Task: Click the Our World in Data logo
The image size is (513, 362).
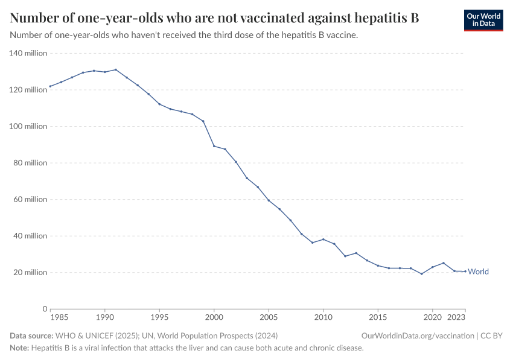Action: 483,20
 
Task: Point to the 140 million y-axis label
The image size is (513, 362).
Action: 28,53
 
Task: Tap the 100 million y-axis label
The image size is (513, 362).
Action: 28,126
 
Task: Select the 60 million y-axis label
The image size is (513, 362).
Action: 30,199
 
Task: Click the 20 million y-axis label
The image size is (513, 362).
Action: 30,272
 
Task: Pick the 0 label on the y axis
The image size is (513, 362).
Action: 44,309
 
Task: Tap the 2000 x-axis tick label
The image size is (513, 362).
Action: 214,317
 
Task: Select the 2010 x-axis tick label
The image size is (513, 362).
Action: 323,317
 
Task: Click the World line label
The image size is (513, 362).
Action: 478,271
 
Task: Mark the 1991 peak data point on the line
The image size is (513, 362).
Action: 116,69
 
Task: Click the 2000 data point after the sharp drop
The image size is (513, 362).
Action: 214,146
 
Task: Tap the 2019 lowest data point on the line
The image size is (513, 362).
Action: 422,274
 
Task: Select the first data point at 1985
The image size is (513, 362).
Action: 50,86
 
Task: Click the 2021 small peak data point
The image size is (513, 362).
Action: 444,263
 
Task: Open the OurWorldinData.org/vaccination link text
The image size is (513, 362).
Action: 417,335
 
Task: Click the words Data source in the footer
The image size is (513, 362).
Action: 31,335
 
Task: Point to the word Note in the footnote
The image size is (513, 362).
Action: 19,348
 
